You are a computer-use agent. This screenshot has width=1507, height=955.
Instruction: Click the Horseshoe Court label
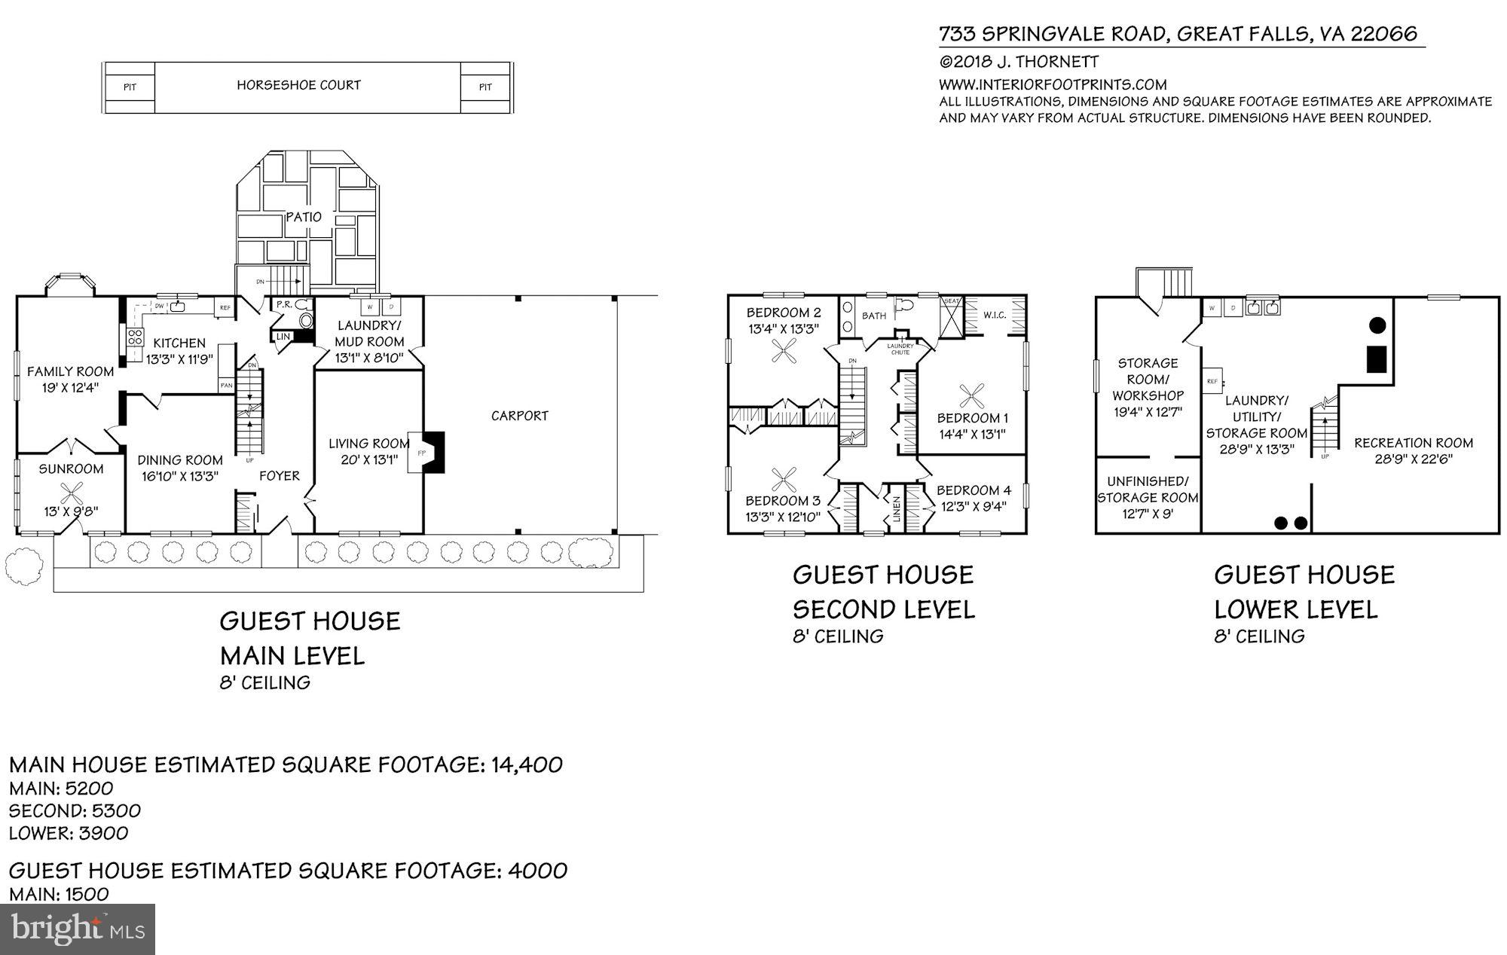point(298,85)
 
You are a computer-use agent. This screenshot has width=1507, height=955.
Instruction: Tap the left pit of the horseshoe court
point(130,87)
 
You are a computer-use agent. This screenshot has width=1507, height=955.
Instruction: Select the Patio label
point(304,217)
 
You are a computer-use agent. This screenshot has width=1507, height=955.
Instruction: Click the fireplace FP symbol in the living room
point(421,452)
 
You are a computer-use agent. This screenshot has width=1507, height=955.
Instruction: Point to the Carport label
point(519,415)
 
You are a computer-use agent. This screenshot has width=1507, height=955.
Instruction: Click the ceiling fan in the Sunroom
point(72,494)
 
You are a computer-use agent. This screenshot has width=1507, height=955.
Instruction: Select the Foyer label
point(279,475)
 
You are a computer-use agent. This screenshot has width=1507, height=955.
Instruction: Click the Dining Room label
point(180,459)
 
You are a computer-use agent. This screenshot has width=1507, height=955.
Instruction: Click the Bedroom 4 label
point(974,490)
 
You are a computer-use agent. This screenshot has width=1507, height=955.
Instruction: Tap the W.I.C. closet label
point(995,315)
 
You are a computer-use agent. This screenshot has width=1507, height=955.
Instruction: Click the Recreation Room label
point(1413,443)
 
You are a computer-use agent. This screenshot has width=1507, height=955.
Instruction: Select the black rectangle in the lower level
point(1377,358)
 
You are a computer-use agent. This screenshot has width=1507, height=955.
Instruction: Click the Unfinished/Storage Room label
point(1147,489)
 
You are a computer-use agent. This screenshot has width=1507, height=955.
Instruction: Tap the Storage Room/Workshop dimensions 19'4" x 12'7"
point(1148,412)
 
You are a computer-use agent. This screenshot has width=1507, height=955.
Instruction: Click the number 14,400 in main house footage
point(527,764)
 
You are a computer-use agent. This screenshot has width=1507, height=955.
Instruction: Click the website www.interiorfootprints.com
point(1052,84)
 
